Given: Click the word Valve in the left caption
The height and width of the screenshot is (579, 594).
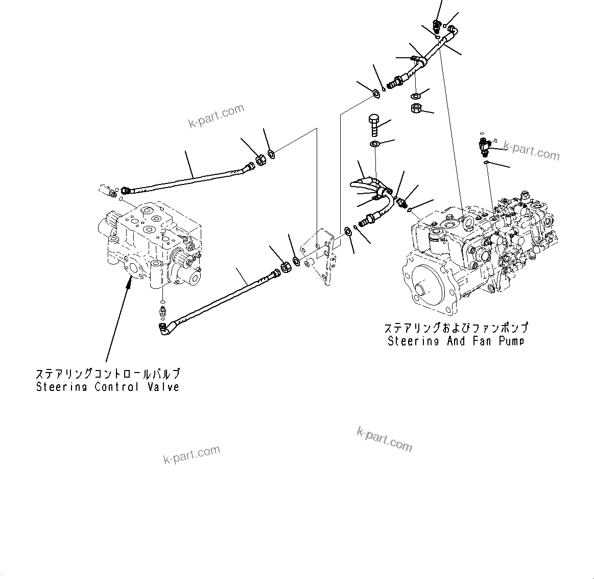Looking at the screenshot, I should (162, 387).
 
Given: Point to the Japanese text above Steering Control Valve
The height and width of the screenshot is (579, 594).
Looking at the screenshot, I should (107, 374).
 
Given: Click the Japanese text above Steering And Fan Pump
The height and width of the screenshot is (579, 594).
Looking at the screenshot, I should (456, 328).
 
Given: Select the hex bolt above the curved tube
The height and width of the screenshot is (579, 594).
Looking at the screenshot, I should (374, 124).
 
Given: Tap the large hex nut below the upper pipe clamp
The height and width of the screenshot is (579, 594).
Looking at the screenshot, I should (416, 108).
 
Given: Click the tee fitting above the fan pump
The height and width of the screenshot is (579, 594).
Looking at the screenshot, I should (485, 145).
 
